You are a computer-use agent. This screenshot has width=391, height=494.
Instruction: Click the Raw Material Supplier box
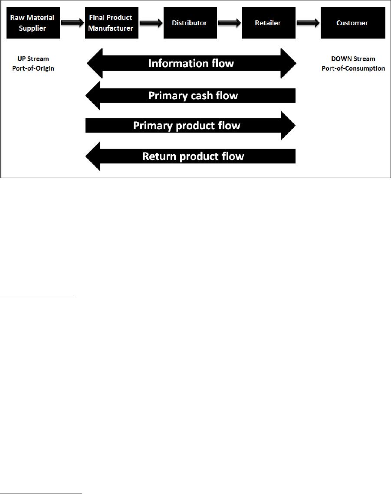(x=33, y=23)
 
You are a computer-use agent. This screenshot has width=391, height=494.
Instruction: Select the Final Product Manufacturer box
(x=112, y=23)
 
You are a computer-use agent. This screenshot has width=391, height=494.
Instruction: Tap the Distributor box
(x=191, y=23)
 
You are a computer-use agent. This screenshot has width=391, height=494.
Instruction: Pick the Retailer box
(x=269, y=23)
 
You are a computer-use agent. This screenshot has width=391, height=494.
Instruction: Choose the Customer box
(x=353, y=23)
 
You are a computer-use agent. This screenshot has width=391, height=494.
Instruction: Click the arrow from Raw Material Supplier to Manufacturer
(x=72, y=23)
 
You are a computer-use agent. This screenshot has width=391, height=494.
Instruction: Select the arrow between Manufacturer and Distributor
(x=151, y=23)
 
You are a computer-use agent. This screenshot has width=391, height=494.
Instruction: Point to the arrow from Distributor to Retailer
(x=230, y=23)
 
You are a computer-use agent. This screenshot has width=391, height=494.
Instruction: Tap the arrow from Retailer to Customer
(x=308, y=23)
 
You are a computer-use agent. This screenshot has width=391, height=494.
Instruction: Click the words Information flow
(x=191, y=63)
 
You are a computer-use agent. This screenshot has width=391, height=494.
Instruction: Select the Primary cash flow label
(x=193, y=95)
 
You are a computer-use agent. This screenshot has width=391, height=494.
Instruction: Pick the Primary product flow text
(x=187, y=125)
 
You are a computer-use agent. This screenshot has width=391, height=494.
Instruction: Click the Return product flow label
(x=193, y=156)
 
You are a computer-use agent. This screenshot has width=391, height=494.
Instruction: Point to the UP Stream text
(x=33, y=59)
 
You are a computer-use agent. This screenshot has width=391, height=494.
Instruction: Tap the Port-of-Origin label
(x=33, y=68)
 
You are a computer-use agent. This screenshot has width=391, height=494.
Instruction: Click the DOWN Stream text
(x=353, y=59)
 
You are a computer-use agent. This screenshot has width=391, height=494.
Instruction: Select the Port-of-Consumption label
(x=353, y=68)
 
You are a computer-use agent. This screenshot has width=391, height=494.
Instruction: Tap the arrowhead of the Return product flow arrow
(x=93, y=156)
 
